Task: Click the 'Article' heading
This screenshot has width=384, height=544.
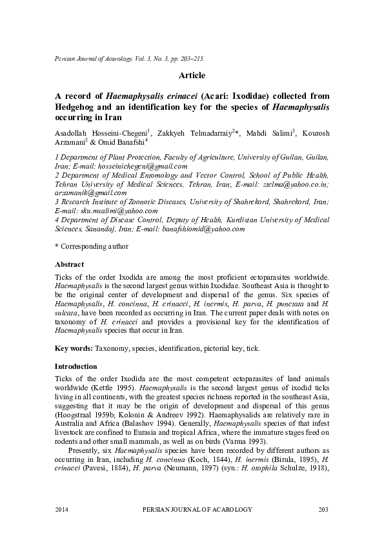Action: point(191,76)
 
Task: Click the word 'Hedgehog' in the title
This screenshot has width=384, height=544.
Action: point(77,107)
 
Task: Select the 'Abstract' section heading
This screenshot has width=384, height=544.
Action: point(70,264)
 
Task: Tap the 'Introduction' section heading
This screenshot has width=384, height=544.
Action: point(76,366)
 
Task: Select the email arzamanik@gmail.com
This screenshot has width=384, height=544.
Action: point(91,193)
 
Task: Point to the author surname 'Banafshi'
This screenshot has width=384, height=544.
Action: point(126,142)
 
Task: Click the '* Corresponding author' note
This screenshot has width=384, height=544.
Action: point(92,246)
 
